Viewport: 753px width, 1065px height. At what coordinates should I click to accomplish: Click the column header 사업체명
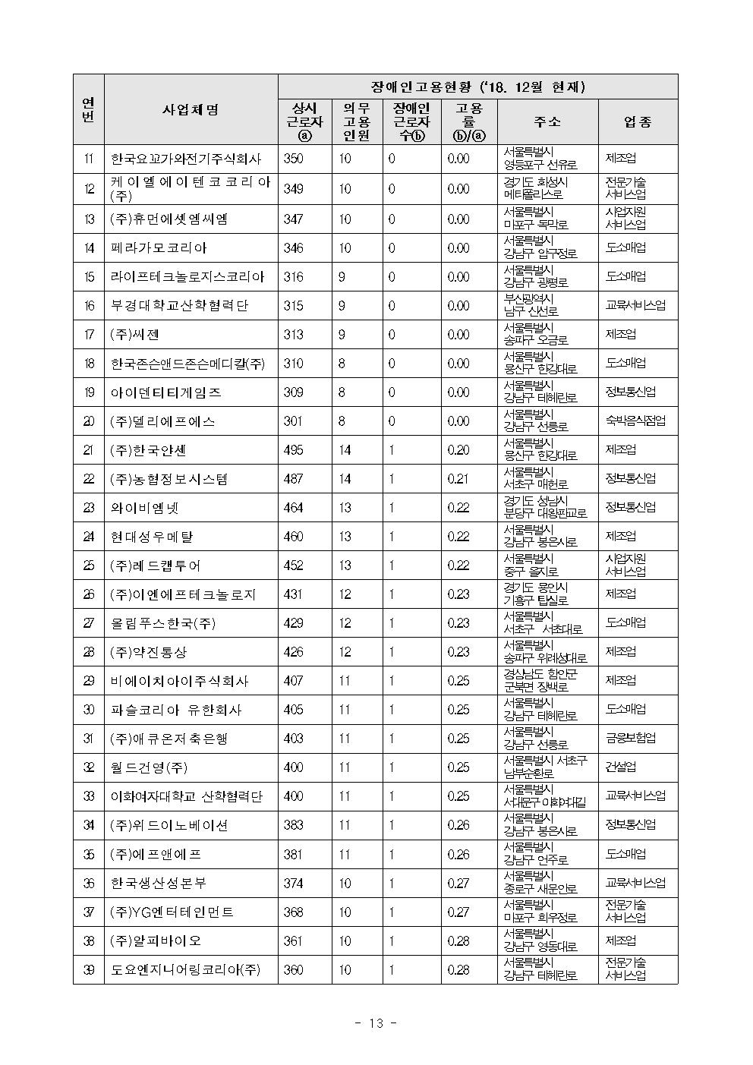[191, 109]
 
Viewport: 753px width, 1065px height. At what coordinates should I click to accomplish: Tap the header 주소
[547, 122]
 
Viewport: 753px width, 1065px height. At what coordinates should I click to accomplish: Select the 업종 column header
[638, 122]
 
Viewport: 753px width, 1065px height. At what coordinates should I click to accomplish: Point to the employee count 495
[293, 450]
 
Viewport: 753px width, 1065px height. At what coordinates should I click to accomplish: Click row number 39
[89, 970]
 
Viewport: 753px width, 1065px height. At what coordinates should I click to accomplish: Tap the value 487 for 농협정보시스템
[293, 479]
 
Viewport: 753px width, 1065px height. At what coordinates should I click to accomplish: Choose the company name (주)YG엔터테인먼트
[172, 912]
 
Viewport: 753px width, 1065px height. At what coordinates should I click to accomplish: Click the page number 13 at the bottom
[376, 1022]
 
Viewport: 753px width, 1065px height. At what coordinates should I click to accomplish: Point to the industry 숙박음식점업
[635, 421]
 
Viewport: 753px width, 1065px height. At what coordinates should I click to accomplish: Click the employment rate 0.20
[458, 450]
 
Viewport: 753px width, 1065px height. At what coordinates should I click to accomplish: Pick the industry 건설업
[621, 767]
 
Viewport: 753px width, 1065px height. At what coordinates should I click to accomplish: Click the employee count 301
[293, 421]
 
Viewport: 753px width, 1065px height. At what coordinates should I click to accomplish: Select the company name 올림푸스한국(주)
[163, 623]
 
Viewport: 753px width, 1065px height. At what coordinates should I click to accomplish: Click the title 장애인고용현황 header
[477, 87]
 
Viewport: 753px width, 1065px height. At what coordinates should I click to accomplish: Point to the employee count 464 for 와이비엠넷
[293, 508]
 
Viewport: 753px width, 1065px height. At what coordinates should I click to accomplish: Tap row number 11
[89, 159]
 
